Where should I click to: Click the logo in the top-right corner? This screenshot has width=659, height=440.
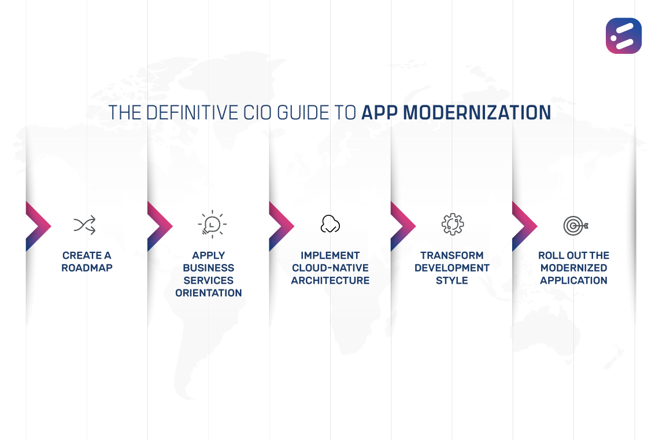pyautogui.click(x=623, y=36)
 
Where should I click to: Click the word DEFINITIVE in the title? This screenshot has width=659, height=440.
pyautogui.click(x=187, y=112)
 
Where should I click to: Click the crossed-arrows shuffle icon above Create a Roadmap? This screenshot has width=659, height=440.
pyautogui.click(x=84, y=225)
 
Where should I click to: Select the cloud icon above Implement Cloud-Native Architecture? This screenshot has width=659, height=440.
pyautogui.click(x=330, y=224)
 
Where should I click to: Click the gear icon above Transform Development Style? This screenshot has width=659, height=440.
pyautogui.click(x=452, y=224)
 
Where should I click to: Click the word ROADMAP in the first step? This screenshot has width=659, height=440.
pyautogui.click(x=87, y=268)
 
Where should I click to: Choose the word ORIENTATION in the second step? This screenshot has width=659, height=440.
pyautogui.click(x=209, y=293)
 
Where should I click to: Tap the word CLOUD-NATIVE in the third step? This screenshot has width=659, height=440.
pyautogui.click(x=330, y=268)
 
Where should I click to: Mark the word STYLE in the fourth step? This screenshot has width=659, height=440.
pyautogui.click(x=452, y=281)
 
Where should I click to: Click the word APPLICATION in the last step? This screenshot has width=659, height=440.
pyautogui.click(x=573, y=281)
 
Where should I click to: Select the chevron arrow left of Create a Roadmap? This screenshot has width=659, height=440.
pyautogui.click(x=36, y=226)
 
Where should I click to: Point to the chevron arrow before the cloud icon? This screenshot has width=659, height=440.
pyautogui.click(x=279, y=226)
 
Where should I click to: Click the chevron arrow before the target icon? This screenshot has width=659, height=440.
pyautogui.click(x=523, y=226)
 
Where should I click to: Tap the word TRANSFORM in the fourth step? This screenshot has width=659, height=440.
pyautogui.click(x=452, y=255)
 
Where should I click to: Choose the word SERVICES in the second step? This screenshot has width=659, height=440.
pyautogui.click(x=209, y=281)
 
